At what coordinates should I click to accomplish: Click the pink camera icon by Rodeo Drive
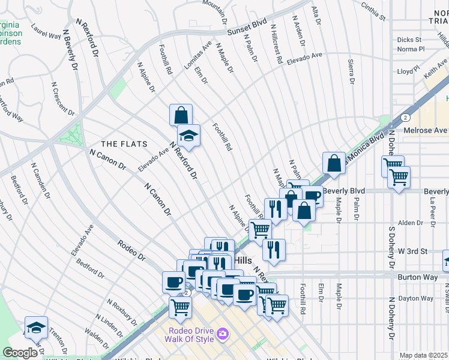click(x=223, y=333)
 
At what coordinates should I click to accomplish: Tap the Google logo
click(x=20, y=353)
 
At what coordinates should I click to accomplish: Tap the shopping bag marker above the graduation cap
click(x=181, y=114)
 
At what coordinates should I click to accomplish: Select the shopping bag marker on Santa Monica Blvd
click(x=334, y=163)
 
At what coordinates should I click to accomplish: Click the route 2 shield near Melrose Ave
click(x=406, y=118)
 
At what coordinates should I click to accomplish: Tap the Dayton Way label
click(x=417, y=298)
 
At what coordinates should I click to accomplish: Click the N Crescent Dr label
click(x=62, y=99)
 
